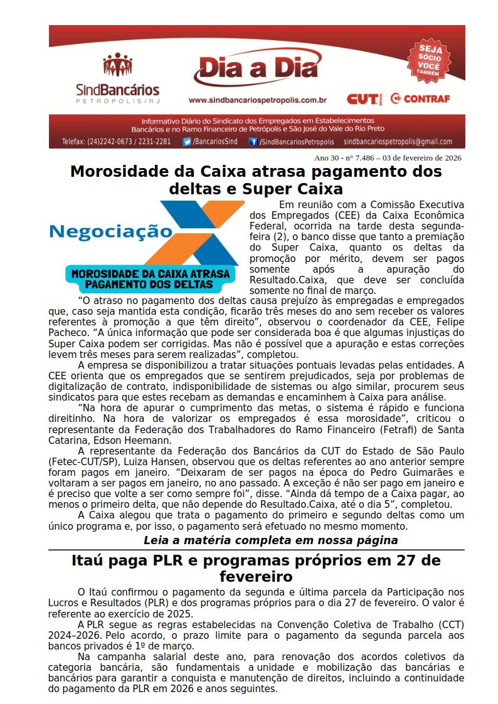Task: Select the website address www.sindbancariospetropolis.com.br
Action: [258, 100]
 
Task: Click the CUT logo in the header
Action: [361, 99]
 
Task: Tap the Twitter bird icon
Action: [186, 142]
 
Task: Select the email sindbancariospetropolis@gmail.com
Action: [398, 142]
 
